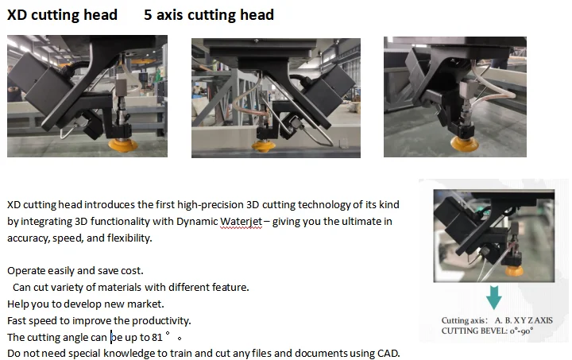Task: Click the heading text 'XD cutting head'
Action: [x=62, y=15]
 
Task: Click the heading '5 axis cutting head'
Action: [x=209, y=15]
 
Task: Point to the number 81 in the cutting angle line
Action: [x=157, y=337]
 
